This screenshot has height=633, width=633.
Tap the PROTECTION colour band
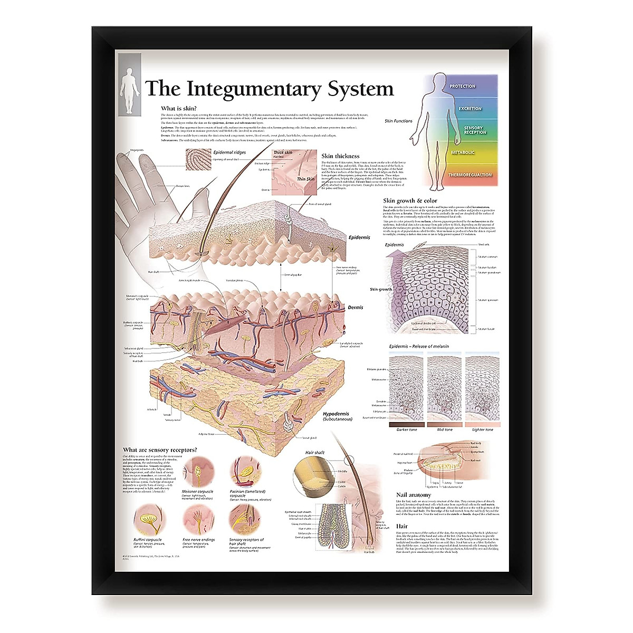(x=463, y=86)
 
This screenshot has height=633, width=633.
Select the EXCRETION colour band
(x=469, y=108)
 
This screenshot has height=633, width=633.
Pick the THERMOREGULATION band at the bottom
(x=469, y=175)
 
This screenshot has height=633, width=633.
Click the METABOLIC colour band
(x=463, y=152)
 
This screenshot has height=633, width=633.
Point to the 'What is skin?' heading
(x=179, y=108)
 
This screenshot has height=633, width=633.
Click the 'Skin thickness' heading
(x=340, y=156)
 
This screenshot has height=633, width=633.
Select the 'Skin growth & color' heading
(x=410, y=200)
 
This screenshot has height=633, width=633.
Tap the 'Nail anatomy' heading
(x=413, y=495)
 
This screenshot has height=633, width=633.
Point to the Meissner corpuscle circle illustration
(x=198, y=472)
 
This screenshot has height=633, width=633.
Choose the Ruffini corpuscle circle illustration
(x=148, y=520)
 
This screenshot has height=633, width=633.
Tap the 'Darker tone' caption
(x=406, y=430)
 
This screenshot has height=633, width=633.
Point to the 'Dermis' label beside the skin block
(x=355, y=307)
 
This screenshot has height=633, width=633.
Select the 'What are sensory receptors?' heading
(x=160, y=450)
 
